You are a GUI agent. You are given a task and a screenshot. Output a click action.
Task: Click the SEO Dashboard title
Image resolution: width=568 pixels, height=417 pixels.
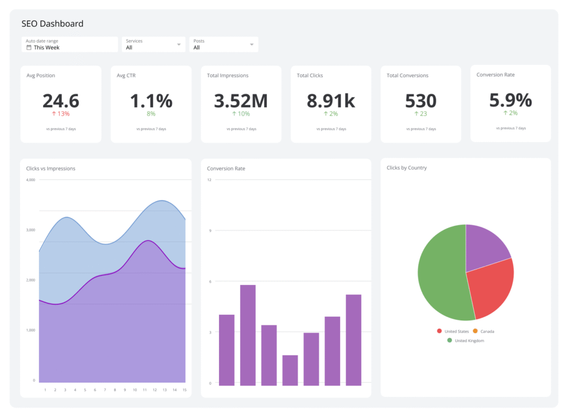click(x=52, y=24)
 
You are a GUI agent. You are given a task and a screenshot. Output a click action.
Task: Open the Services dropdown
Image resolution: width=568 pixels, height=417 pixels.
click(x=154, y=44)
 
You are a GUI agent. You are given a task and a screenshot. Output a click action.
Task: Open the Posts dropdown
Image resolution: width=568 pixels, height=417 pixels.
click(x=224, y=44)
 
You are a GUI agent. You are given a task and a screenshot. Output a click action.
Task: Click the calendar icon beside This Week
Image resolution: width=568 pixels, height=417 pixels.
click(x=29, y=48)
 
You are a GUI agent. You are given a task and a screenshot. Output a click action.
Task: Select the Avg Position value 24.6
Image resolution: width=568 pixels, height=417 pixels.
click(x=60, y=101)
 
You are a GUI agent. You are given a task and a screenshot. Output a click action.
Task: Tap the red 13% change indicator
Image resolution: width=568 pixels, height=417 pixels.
click(x=60, y=114)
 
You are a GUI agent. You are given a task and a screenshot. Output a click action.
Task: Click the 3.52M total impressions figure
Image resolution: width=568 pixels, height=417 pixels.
click(x=241, y=101)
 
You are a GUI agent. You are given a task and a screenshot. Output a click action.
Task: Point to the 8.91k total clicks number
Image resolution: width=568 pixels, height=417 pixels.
click(x=331, y=101)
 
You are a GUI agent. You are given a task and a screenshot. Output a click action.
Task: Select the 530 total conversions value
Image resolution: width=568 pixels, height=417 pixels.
click(x=420, y=101)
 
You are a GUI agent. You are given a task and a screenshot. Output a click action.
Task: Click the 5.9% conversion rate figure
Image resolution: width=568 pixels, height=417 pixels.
click(x=510, y=100)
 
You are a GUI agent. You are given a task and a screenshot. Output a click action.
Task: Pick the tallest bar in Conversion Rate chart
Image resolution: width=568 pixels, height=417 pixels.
click(x=248, y=335)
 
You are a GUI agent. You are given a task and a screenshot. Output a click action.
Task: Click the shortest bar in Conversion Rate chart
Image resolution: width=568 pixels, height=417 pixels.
click(x=290, y=370)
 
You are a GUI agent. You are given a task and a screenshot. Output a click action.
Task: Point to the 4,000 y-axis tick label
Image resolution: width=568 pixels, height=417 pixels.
click(x=31, y=180)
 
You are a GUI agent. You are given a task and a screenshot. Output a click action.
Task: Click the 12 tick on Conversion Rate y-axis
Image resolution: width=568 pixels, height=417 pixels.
click(x=209, y=180)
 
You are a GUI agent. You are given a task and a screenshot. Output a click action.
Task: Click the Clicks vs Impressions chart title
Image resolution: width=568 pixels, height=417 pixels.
click(x=50, y=168)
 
